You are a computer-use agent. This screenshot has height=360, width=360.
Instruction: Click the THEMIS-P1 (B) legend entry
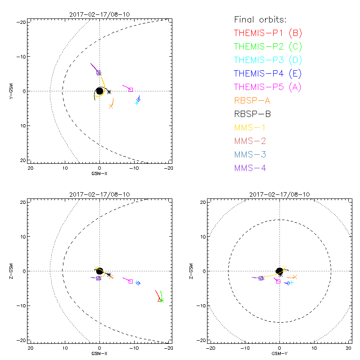click(268, 33)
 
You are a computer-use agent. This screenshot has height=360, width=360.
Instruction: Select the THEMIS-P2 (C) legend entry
click(268, 46)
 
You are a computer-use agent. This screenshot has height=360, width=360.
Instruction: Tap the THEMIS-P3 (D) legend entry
click(268, 60)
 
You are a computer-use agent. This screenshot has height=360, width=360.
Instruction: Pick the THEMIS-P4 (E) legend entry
click(268, 73)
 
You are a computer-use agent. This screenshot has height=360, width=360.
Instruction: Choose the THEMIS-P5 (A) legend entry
click(268, 87)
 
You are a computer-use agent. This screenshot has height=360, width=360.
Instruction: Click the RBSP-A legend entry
click(255, 100)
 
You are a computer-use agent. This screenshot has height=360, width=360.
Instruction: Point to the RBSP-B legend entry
click(255, 114)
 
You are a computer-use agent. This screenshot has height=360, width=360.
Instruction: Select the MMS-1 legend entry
click(252, 127)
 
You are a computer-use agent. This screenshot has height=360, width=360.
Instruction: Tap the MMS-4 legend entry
click(252, 168)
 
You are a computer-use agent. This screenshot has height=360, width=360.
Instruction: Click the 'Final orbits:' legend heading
click(260, 19)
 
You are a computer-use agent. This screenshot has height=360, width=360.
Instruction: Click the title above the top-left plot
click(99, 14)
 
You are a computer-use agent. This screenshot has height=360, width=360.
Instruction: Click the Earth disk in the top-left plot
click(99, 91)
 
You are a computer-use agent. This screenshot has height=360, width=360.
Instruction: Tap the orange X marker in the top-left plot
click(111, 106)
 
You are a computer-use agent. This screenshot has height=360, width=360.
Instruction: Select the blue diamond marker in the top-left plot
click(139, 99)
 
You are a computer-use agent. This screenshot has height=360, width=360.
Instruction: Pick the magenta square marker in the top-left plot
click(130, 90)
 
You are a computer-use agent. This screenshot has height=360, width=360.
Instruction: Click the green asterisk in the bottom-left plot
click(162, 300)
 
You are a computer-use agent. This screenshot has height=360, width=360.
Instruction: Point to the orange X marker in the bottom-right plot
click(295, 277)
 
